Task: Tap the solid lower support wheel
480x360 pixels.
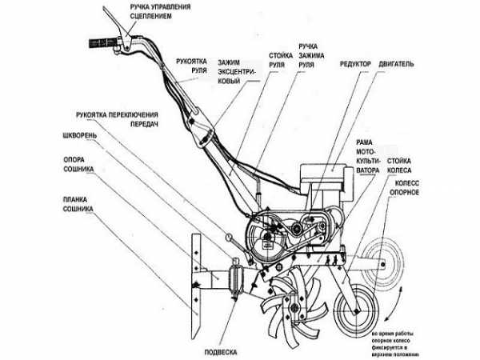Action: (x=356, y=308)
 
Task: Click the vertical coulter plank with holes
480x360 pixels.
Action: (x=194, y=271)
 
